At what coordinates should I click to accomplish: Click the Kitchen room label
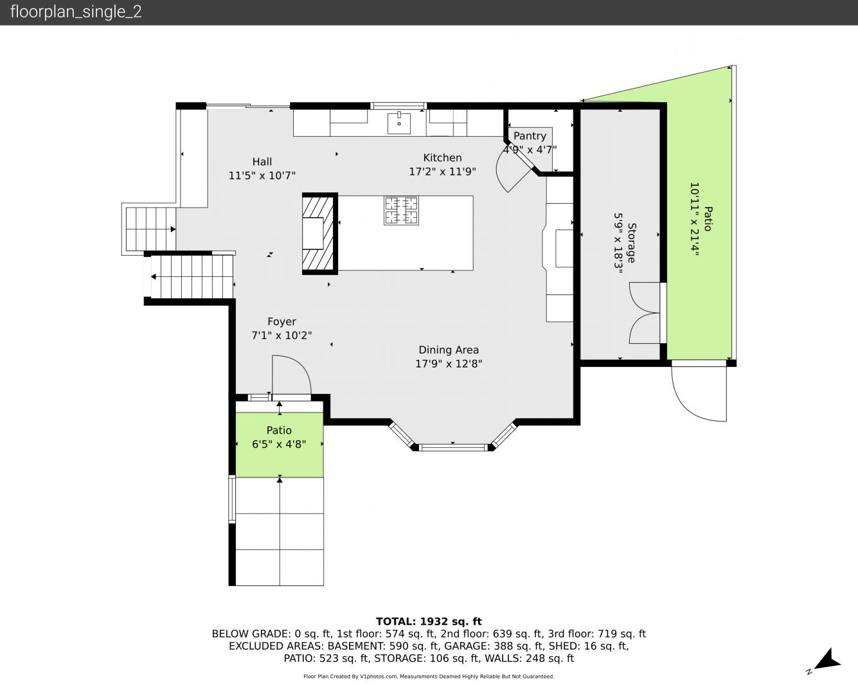point(442,157)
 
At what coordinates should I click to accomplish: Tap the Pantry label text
point(530,136)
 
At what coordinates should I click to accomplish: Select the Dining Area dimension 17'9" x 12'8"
point(449,364)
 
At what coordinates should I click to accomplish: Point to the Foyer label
point(282,322)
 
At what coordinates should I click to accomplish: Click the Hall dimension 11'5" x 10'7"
point(262,175)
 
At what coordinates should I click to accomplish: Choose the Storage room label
point(631,243)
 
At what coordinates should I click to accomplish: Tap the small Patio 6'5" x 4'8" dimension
point(279,444)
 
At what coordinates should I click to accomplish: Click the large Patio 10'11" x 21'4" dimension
point(695,218)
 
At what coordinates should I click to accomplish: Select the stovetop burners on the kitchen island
point(401,210)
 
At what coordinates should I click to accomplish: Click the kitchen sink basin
point(398,123)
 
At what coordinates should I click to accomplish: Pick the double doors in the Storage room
point(645,313)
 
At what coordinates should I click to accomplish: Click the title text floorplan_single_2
point(76,12)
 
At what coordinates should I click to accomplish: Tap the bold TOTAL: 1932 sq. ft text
point(429,621)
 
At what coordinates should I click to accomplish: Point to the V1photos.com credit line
point(429,676)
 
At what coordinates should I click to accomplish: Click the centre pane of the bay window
point(453,447)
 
